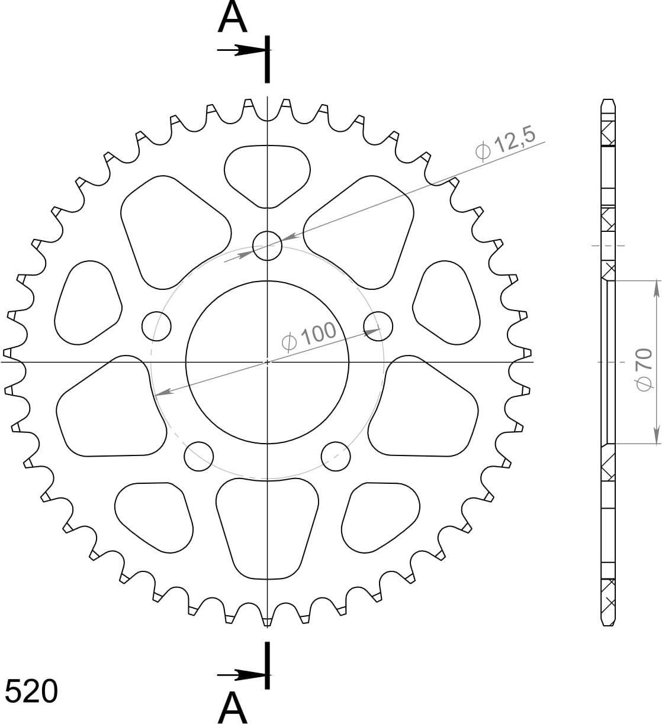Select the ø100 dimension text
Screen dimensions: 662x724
(x=309, y=337)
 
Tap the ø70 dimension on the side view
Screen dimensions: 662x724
(x=645, y=369)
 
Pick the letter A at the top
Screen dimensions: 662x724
(x=233, y=18)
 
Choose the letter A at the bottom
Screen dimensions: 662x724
(x=233, y=708)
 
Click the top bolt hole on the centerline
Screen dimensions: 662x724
(x=267, y=245)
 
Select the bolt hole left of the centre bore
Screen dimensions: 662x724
(x=156, y=326)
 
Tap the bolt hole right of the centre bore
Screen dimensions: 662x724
(x=378, y=326)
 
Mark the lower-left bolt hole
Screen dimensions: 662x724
(x=199, y=456)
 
